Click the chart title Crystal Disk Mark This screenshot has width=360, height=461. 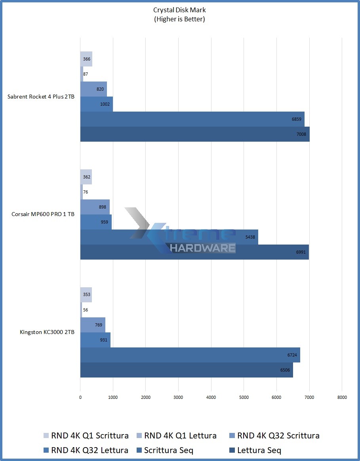[x=179, y=10]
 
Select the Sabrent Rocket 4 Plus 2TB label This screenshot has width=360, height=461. [x=41, y=97]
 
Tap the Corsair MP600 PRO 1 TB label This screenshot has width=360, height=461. [x=43, y=214]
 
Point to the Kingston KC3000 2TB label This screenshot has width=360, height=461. [x=47, y=332]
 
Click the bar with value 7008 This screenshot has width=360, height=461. [x=195, y=134]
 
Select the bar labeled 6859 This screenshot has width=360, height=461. [x=192, y=119]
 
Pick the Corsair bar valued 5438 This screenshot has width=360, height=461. [x=169, y=237]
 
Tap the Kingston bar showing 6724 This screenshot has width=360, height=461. [x=190, y=355]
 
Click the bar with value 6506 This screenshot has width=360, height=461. [x=187, y=370]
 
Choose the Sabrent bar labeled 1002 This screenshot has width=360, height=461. [x=96, y=104]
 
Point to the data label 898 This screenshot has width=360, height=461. [x=103, y=207]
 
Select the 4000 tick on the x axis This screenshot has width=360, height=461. [x=211, y=397]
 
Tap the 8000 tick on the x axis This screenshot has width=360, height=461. [x=342, y=397]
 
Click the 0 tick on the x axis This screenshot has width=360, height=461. [x=80, y=397]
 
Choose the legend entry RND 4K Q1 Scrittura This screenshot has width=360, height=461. [x=86, y=436]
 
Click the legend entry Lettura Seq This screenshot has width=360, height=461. [x=255, y=450]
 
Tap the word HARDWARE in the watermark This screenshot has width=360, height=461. [x=203, y=248]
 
